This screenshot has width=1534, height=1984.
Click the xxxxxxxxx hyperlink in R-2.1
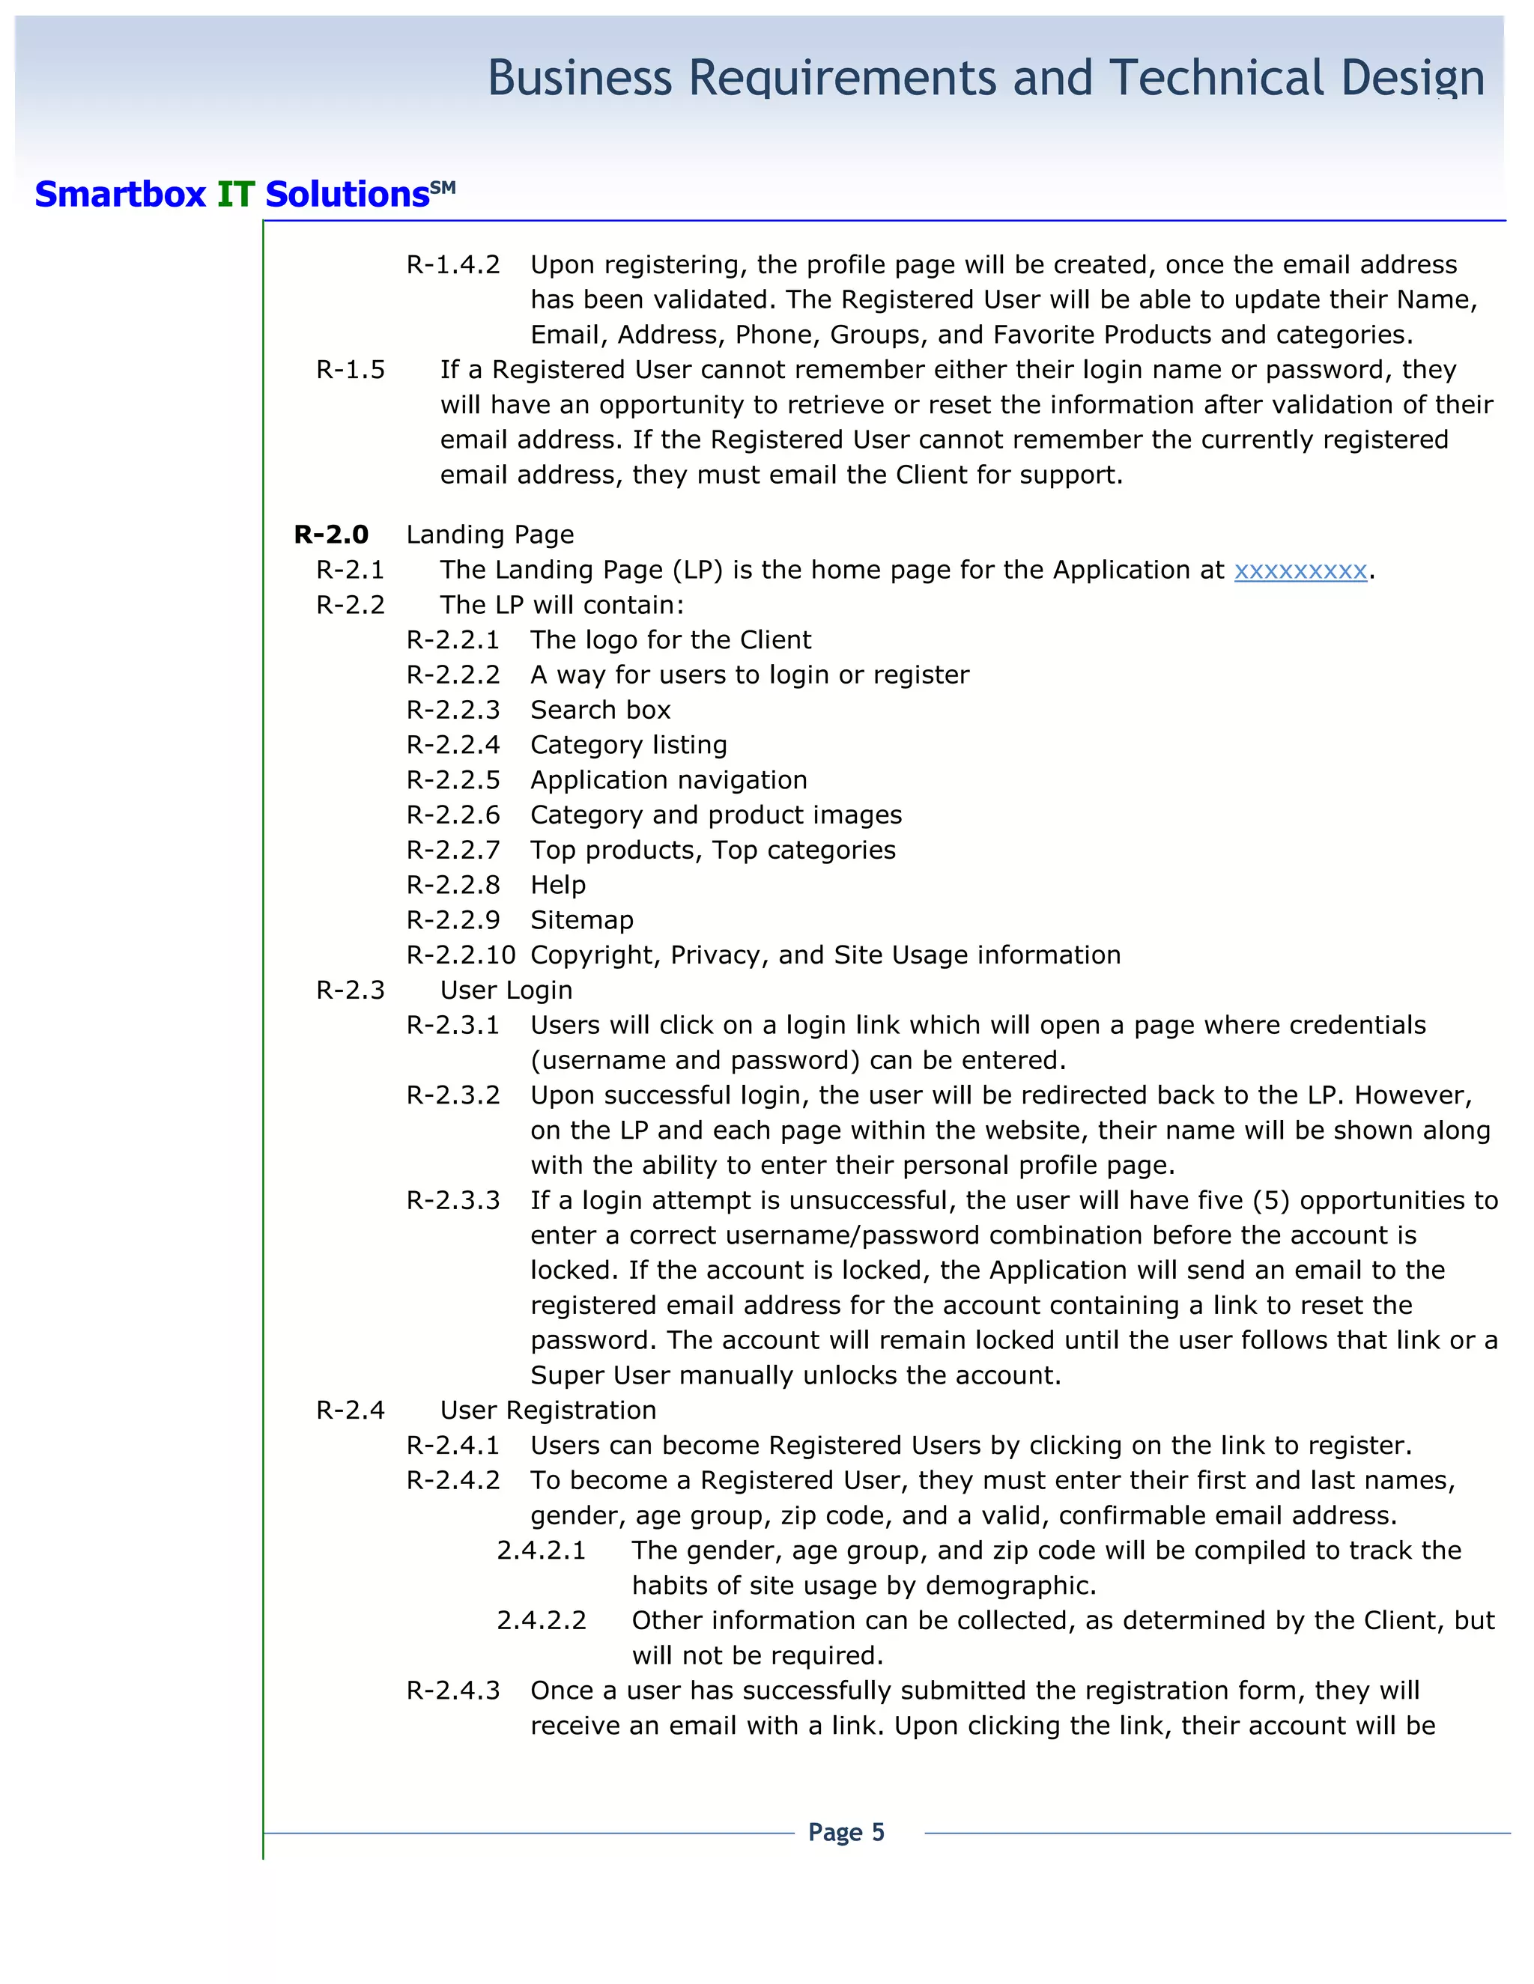point(1300,570)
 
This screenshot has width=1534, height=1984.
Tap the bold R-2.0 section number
point(332,535)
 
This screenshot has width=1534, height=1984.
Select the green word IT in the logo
point(235,195)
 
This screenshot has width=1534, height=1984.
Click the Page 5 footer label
point(846,1832)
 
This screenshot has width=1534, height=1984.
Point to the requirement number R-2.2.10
point(461,955)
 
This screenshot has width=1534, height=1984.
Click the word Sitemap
point(581,920)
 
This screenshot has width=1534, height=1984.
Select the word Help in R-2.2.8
point(558,885)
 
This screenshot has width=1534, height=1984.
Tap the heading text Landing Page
point(490,535)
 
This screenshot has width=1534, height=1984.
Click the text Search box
point(601,710)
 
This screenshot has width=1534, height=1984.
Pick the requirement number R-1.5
point(351,370)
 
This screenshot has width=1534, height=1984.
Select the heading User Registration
point(548,1411)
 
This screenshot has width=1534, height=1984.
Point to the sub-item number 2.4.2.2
point(542,1621)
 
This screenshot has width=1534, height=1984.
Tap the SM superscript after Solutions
point(443,186)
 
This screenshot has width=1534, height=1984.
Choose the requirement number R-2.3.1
point(453,1026)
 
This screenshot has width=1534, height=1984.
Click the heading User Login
point(506,991)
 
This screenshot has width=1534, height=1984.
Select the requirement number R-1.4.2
point(453,265)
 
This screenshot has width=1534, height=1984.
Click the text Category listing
point(629,745)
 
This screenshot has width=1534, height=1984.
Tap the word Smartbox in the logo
point(121,195)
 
